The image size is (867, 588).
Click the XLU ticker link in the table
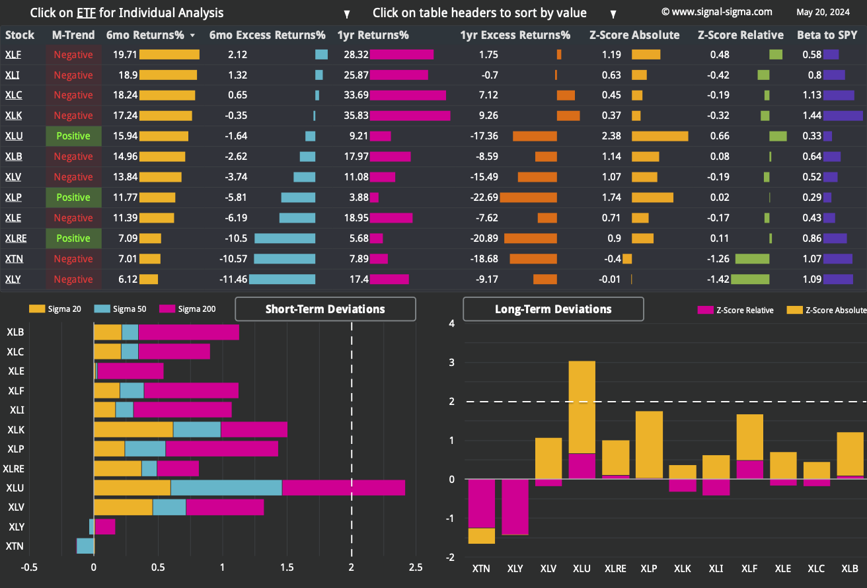(14, 136)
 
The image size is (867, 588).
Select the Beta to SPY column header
(827, 35)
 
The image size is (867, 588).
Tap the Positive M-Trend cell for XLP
(73, 198)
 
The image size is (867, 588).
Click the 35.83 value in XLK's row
(356, 116)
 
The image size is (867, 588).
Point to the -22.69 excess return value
(484, 198)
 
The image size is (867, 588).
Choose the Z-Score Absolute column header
(634, 35)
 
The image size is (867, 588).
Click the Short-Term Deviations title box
(326, 309)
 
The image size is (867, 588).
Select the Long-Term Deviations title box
(554, 309)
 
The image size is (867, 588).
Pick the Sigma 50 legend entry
(120, 309)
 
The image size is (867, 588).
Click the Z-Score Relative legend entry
(735, 310)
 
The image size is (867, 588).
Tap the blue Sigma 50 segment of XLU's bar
(227, 488)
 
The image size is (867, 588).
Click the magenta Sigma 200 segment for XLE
(130, 371)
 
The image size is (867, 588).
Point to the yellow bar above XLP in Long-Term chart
(649, 445)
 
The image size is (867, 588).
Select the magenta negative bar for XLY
(515, 507)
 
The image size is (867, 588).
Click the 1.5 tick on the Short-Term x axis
(287, 568)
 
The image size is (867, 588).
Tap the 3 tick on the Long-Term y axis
(452, 363)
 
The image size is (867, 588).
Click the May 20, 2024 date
(823, 13)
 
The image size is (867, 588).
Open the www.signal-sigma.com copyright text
(717, 12)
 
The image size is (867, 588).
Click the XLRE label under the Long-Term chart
(615, 569)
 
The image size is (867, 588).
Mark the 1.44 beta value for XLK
(811, 116)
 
